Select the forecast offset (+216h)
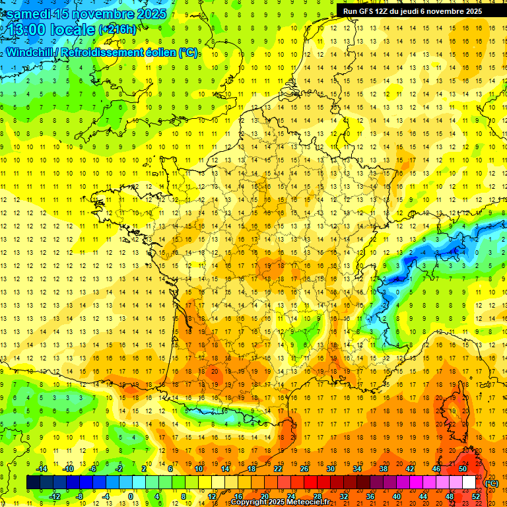tap(118, 30)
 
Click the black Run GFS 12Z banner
tap(413, 11)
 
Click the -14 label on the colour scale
tap(43, 469)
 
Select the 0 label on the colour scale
tap(131, 496)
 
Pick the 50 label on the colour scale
tap(463, 469)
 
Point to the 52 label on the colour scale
tap(476, 496)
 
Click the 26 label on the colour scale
tap(304, 469)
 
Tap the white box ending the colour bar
tap(469, 483)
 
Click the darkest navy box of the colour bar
tap(34, 483)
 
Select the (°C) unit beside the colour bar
tap(492, 483)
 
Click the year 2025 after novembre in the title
tap(149, 13)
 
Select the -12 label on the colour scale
tap(55, 496)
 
